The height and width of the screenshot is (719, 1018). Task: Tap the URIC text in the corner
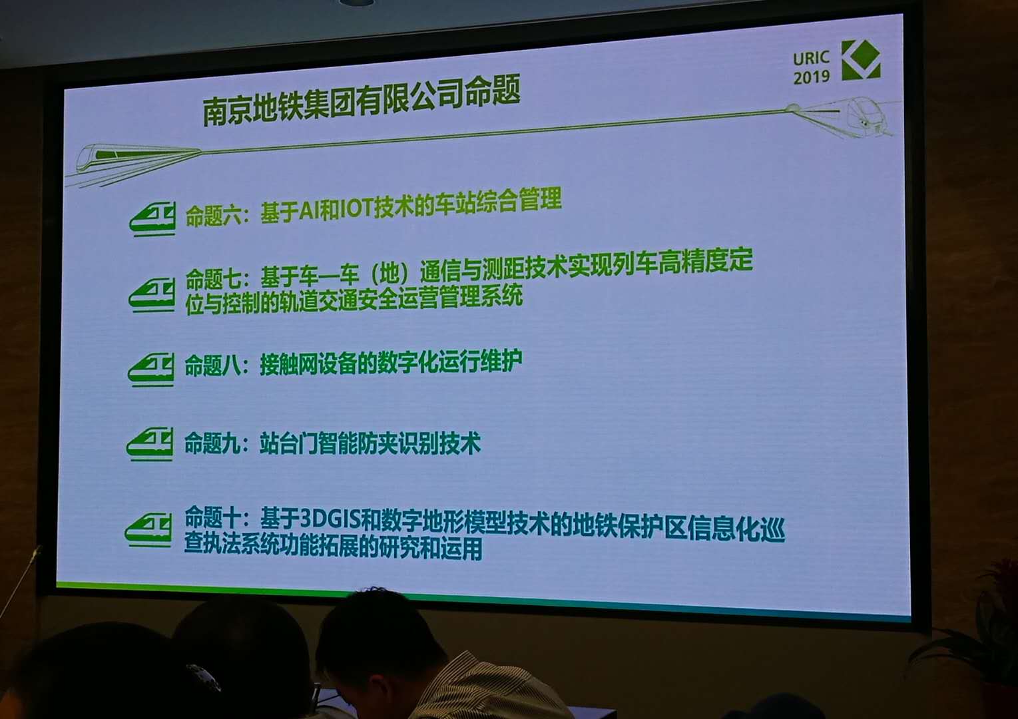(x=811, y=59)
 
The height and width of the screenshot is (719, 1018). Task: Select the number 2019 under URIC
(x=811, y=77)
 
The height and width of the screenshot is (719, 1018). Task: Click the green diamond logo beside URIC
(x=861, y=59)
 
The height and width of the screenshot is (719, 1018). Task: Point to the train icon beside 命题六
(x=152, y=220)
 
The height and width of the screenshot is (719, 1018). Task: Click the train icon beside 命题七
(x=152, y=296)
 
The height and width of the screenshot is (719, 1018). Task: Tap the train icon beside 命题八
(x=151, y=369)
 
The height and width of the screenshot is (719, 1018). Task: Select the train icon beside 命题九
(x=150, y=444)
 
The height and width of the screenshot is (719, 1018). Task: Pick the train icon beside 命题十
(x=148, y=530)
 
